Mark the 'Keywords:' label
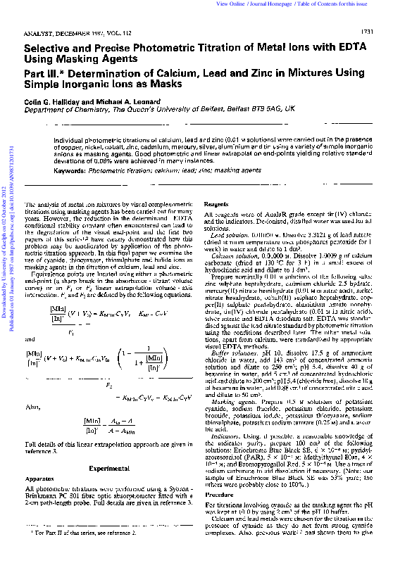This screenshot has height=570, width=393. (x=71, y=171)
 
